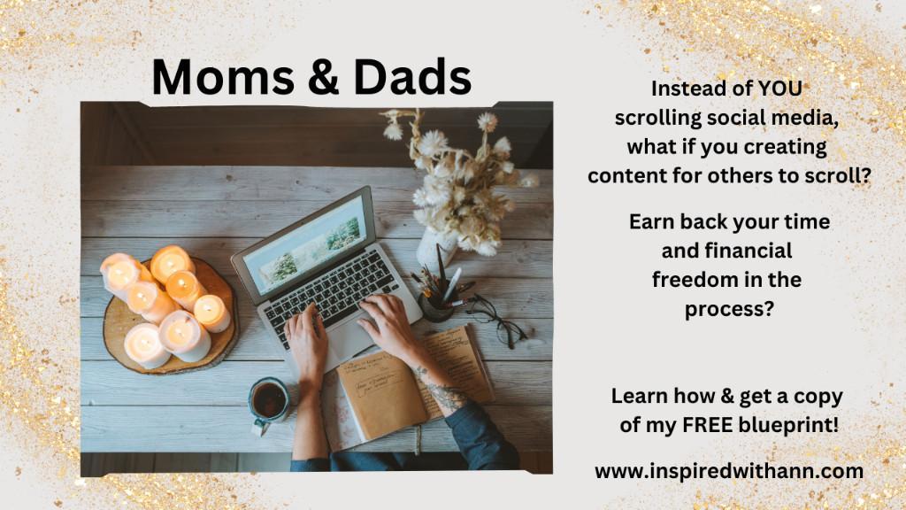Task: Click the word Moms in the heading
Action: click(223, 77)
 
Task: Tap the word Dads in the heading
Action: click(412, 77)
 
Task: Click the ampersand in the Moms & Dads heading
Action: click(324, 77)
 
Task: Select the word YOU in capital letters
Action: click(779, 89)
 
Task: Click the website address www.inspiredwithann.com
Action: click(729, 471)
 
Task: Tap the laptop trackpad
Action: click(348, 341)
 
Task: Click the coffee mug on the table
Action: click(268, 403)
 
